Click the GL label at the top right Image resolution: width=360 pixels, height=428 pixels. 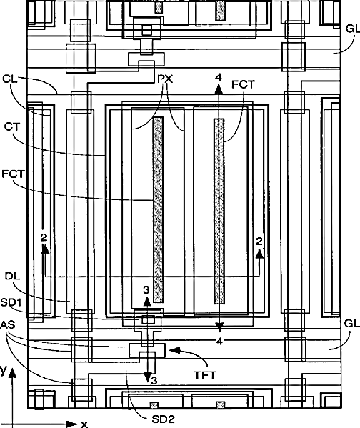pos(353,29)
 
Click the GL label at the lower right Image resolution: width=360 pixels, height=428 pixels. pos(352,324)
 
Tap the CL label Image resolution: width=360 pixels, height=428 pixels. pos(9,79)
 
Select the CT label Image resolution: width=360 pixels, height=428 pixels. pos(12,127)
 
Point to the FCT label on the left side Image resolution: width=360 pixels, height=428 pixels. pos(13,174)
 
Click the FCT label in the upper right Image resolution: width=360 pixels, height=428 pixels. pos(243,84)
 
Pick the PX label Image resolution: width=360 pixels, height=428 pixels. pos(166,79)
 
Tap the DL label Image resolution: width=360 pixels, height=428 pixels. pos(13,276)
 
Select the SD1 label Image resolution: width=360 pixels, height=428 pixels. pos(11,302)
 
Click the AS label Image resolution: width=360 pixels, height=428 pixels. pos(8,324)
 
